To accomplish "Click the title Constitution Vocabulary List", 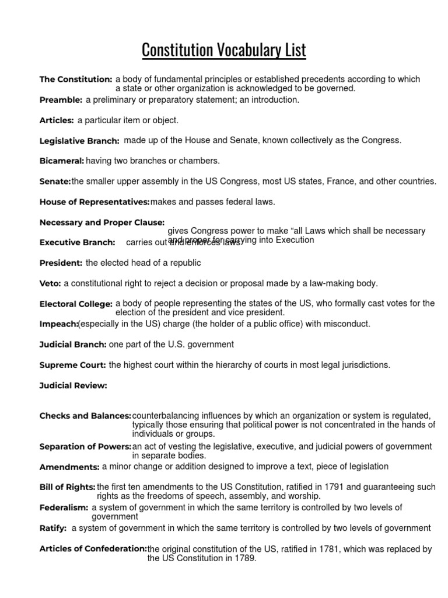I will [224, 50].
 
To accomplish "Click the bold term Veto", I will [50, 283].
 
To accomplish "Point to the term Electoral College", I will [76, 304].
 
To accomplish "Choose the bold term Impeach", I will [58, 324].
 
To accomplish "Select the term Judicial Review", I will [73, 385].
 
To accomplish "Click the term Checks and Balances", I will [85, 416].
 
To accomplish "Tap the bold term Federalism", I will [64, 508].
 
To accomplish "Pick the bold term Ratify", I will [53, 529].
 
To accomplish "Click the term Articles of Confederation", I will [93, 549].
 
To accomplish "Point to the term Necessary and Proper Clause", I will [102, 222].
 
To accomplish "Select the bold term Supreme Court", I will [72, 365].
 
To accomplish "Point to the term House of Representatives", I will [94, 202].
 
